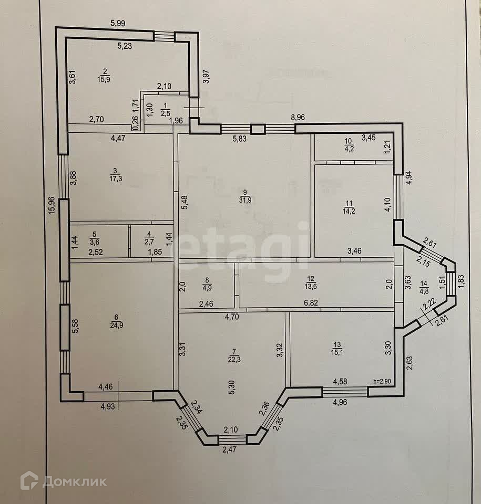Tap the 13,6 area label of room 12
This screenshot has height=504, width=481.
312,286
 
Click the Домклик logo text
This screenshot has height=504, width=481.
74,481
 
